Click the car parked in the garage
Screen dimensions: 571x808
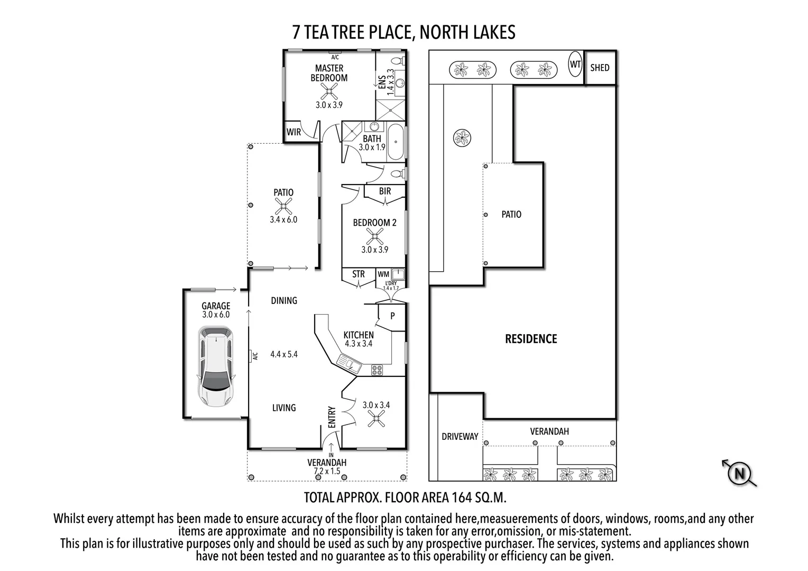(215, 366)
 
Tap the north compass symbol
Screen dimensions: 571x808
(739, 472)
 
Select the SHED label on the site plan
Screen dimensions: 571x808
(600, 68)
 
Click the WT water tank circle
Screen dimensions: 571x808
(575, 65)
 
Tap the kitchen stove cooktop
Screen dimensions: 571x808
(377, 370)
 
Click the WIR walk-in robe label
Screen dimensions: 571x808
(293, 132)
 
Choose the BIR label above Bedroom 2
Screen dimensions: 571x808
(385, 191)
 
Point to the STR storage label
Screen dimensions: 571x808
(359, 274)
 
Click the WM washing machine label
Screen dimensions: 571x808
(383, 274)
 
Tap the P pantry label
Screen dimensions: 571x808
(392, 316)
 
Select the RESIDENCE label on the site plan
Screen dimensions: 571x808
(531, 339)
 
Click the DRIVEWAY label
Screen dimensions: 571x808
(460, 437)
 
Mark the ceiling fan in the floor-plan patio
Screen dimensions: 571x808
(284, 206)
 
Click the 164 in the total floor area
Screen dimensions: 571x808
(463, 498)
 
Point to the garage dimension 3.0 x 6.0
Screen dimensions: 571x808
(216, 315)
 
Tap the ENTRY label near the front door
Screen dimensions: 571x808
(332, 417)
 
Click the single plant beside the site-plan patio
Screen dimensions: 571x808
(462, 138)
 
